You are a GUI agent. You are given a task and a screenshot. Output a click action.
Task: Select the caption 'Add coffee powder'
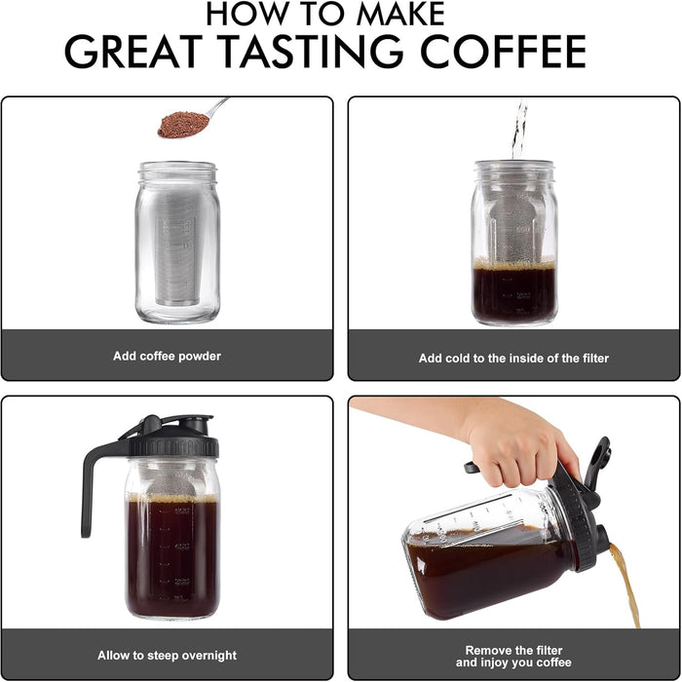click(x=167, y=357)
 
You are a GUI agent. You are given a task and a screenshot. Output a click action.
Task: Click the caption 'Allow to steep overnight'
click(x=167, y=656)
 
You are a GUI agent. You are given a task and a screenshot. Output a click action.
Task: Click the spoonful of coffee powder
click(x=184, y=124)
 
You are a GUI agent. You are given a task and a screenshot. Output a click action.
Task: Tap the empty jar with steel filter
click(x=177, y=244)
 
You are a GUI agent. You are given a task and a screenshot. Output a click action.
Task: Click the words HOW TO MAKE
click(x=325, y=13)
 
